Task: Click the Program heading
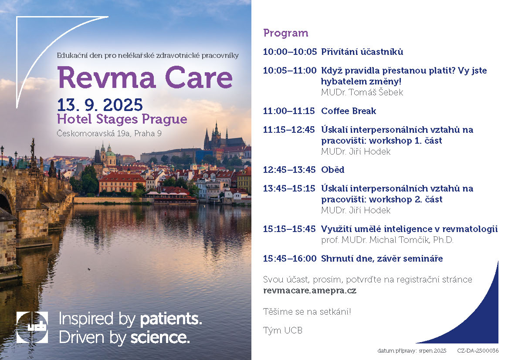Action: point(286,33)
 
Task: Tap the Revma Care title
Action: point(145,77)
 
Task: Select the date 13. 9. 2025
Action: point(100,105)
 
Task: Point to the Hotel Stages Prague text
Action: point(122,119)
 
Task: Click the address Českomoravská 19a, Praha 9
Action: point(109,133)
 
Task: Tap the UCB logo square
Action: point(32,327)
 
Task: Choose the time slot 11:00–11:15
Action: point(289,111)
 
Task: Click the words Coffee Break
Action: point(349,111)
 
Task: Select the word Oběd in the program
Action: point(333,170)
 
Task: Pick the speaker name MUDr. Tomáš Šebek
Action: point(362,92)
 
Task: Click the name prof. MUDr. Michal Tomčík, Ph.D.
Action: point(387,240)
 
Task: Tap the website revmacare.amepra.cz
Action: point(310,290)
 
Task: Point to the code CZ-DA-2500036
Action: point(478,351)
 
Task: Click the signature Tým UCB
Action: point(283,330)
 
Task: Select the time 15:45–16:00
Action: point(290,259)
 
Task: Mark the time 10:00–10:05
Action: point(290,52)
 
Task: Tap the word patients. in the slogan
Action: point(171,319)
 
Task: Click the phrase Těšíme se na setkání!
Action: point(307,311)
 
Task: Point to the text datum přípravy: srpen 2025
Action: point(412,351)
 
